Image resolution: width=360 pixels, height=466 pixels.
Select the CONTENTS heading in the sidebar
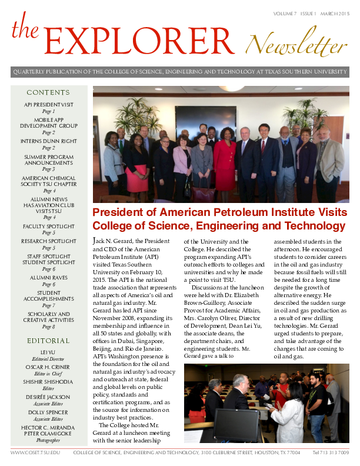coord(48,92)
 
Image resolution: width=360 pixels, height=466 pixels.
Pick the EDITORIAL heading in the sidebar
coord(48,341)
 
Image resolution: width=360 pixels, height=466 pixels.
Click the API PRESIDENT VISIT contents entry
coord(48,105)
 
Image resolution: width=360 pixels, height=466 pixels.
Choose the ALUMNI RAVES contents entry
coord(48,278)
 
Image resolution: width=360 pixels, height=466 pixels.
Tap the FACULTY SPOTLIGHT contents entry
coord(48,227)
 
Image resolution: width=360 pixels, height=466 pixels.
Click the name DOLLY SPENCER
coord(48,412)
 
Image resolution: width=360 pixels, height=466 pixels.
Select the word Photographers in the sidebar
coord(48,440)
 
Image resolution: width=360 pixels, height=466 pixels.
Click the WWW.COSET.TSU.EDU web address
coord(35,453)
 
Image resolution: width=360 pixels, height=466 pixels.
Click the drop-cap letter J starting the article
coord(96,242)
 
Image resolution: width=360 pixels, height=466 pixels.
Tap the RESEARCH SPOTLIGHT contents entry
coord(48,241)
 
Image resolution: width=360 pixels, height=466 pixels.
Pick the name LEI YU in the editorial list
coord(48,352)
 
